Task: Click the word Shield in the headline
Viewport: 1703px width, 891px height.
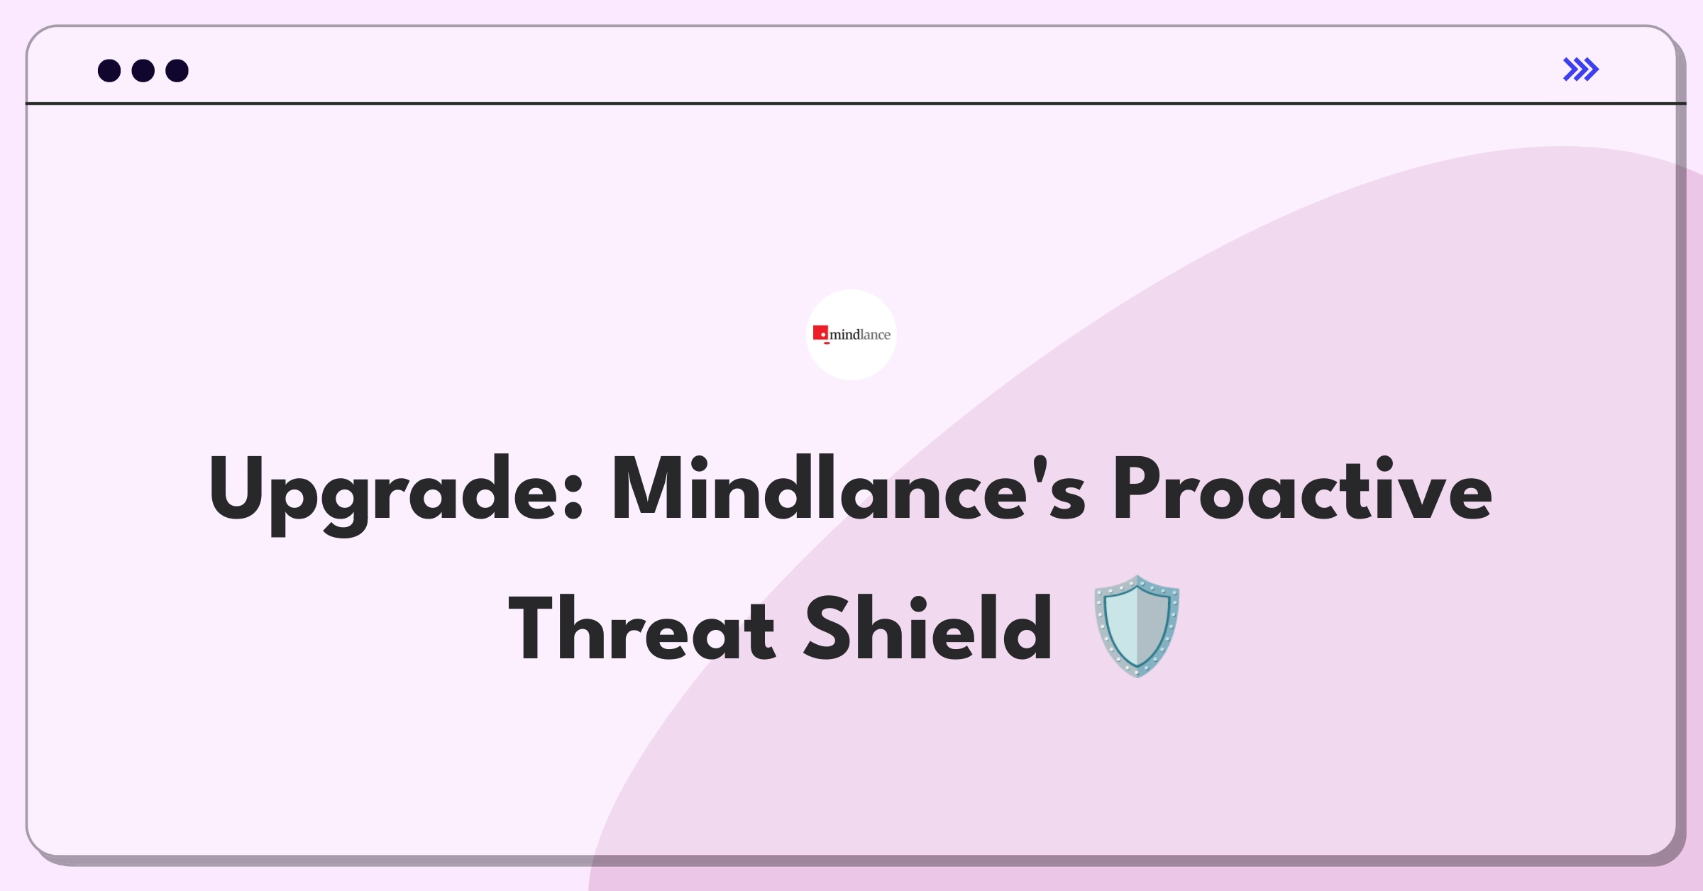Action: (928, 628)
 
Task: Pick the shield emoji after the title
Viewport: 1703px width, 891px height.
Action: (1137, 626)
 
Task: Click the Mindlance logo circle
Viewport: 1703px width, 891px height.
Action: (851, 335)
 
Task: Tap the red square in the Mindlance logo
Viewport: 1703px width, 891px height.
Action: (820, 333)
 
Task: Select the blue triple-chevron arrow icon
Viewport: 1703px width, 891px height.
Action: (1581, 70)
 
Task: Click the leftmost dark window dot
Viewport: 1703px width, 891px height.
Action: (109, 71)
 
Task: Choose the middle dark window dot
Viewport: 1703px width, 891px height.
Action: (143, 71)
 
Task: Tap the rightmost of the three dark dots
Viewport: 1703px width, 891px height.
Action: (177, 71)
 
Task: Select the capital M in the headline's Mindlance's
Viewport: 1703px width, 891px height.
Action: (649, 489)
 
